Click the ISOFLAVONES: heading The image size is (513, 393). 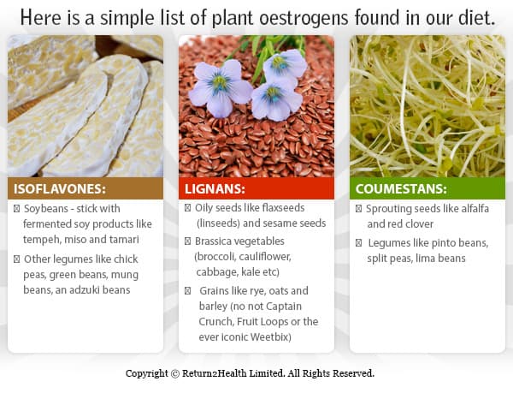[x=60, y=189]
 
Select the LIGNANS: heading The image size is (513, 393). [x=215, y=189]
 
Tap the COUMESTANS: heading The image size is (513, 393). [x=401, y=189]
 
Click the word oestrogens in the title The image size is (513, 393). [x=304, y=18]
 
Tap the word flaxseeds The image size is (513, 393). [x=283, y=208]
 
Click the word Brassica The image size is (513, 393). [x=214, y=241]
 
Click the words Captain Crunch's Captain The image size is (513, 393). [x=283, y=307]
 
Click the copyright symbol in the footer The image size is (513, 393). [x=175, y=373]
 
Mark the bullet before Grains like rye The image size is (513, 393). [x=187, y=291]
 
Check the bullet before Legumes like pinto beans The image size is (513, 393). [x=358, y=243]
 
